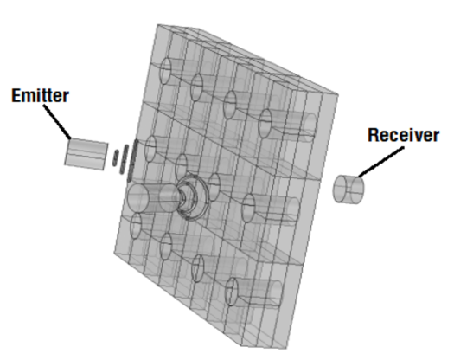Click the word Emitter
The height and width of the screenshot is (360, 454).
click(x=39, y=94)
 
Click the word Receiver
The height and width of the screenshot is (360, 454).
click(x=403, y=135)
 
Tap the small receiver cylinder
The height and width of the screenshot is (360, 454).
click(x=348, y=189)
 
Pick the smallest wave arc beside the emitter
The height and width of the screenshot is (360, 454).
click(x=114, y=157)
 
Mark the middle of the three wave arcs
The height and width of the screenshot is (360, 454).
click(x=122, y=158)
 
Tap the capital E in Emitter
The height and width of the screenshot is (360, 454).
click(x=15, y=94)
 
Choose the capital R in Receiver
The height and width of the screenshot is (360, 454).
click(x=374, y=135)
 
